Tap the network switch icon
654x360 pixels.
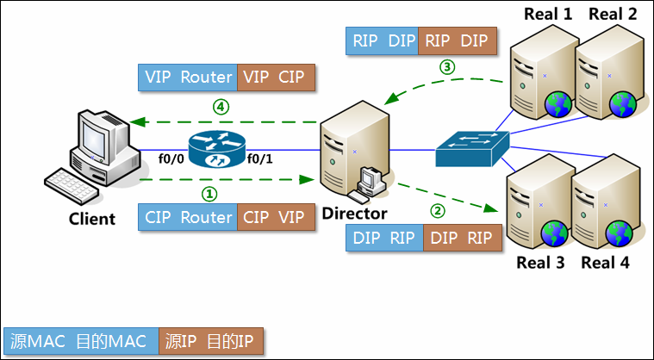471,148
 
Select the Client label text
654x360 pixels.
92,219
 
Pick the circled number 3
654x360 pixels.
446,66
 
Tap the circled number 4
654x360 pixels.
220,108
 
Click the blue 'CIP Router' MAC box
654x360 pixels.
188,217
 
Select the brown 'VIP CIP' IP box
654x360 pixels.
276,77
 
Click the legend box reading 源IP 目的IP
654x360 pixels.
210,341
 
